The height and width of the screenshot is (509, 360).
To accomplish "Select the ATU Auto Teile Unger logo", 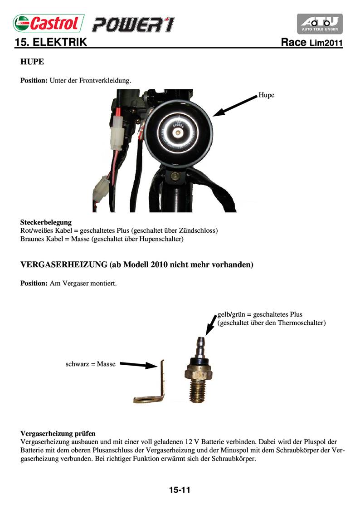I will coord(319,24).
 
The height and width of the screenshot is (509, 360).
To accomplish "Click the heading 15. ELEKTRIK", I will coord(50,43).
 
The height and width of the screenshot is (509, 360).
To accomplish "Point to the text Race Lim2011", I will coord(311,43).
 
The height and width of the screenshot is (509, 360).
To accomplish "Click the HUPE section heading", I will coord(32,61).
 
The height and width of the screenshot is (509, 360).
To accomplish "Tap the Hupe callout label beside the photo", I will coord(267,95).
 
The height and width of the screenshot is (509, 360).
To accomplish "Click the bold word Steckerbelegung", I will coord(46,222).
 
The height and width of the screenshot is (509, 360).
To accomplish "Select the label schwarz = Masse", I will coord(91,364).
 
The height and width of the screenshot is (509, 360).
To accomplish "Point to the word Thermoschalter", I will coord(302,323).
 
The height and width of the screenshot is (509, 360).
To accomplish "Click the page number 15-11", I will coord(180,490).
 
